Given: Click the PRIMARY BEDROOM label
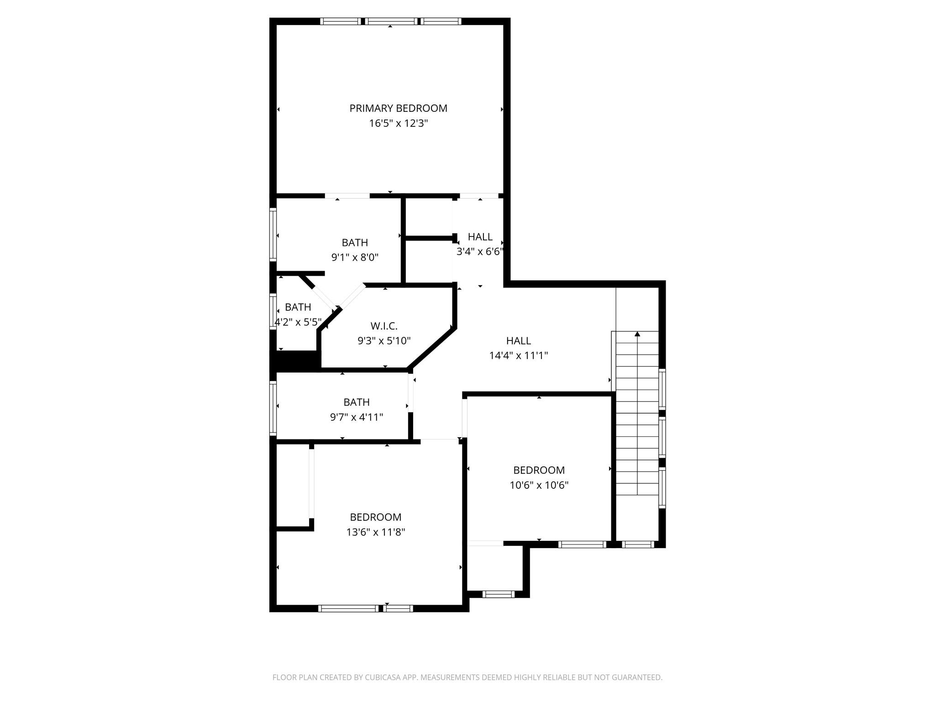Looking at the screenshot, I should coord(398,108).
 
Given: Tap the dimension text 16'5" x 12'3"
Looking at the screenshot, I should coord(398,123).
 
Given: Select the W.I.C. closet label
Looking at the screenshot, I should coord(383,326).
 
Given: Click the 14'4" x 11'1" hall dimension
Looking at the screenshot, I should coord(518,356).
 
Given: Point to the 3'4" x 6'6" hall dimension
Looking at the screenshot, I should coord(480,251).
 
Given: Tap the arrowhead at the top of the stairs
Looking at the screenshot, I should coord(637,334).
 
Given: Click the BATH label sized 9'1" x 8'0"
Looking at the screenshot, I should coord(355,242).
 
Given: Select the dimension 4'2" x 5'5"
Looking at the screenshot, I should coord(298,322).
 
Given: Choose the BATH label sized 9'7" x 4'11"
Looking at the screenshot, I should coord(356,402).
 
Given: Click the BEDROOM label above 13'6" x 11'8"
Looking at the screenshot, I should coord(375,517).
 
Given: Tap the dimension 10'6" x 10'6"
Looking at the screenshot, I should coord(539,485).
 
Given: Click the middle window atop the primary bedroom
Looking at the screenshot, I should coord(391,21).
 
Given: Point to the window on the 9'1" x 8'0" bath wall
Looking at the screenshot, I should coord(273,234).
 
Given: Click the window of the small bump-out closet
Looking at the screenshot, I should coord(498,594).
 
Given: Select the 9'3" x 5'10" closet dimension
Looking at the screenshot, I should coord(383,340).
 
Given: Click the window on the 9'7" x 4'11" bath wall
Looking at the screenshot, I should coord(273,407).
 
